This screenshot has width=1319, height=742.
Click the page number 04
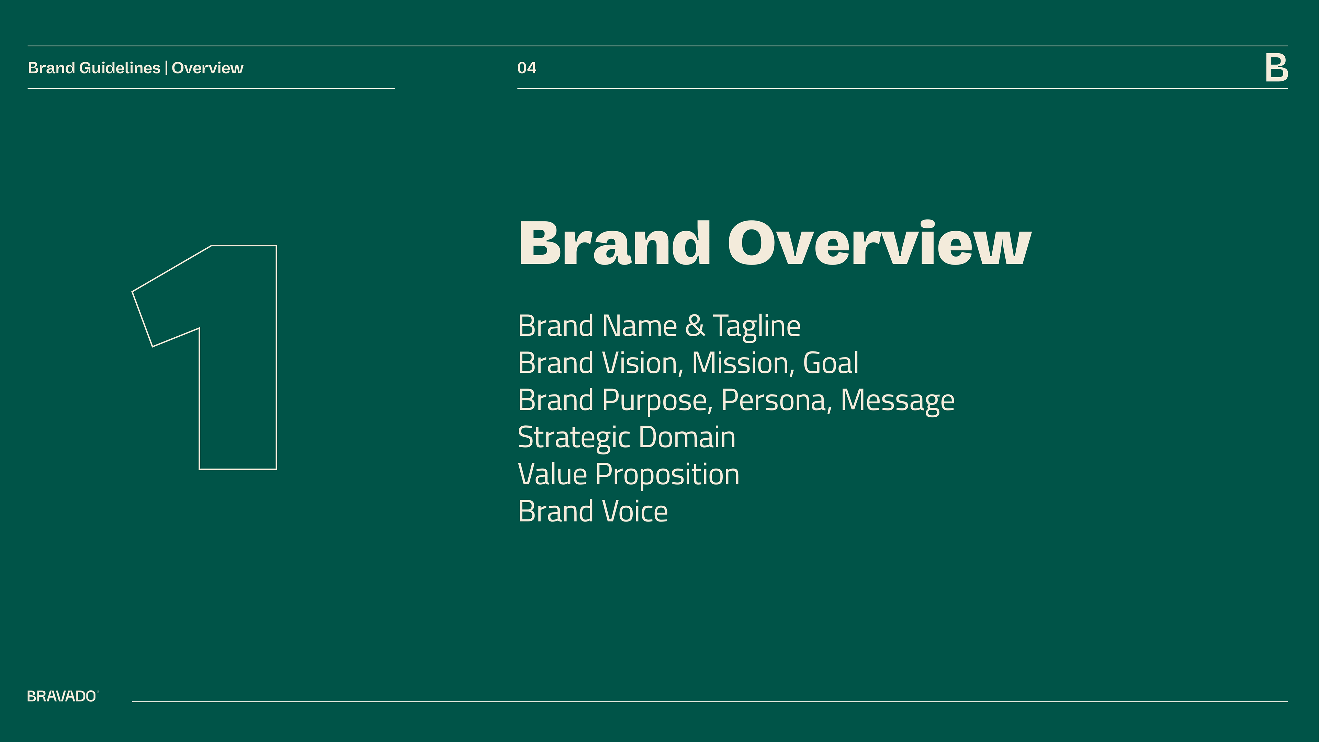(526, 68)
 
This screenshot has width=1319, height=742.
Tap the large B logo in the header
(1276, 68)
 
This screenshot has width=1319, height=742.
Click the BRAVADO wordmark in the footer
(62, 696)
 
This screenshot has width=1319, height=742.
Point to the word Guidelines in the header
(120, 68)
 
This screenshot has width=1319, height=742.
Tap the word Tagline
(757, 327)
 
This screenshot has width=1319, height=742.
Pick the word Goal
(831, 363)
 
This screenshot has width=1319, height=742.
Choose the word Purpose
(657, 401)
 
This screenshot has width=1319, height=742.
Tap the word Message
(898, 401)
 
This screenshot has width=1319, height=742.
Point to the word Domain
(687, 437)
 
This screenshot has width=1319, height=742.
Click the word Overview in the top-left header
(207, 68)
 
